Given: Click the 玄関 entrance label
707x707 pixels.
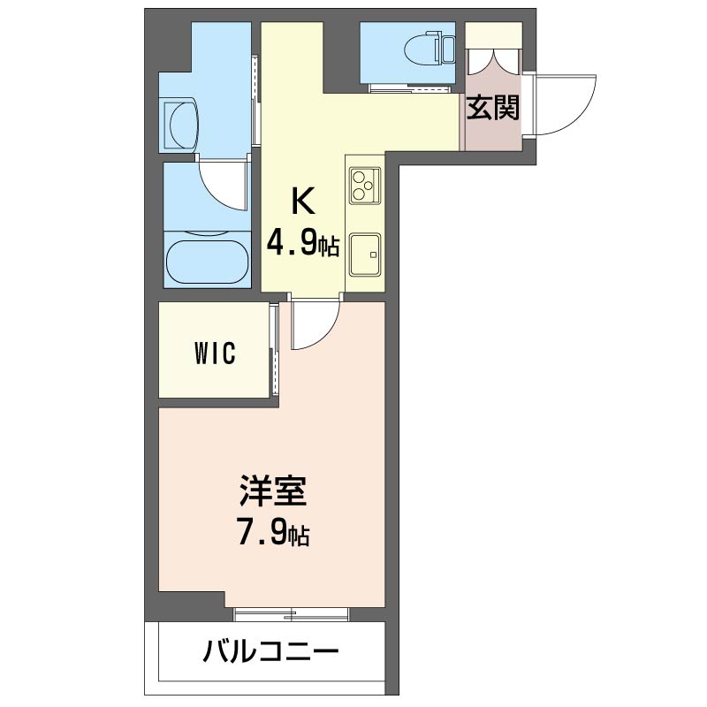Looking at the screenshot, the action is pyautogui.click(x=493, y=108).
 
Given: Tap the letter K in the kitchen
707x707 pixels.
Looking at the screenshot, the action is pyautogui.click(x=302, y=201).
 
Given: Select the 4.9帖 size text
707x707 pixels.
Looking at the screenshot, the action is pyautogui.click(x=302, y=244).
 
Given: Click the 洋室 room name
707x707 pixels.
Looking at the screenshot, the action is pyautogui.click(x=273, y=490).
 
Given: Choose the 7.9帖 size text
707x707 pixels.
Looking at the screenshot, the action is pyautogui.click(x=273, y=534).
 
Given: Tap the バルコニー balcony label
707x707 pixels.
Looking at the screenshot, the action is pyautogui.click(x=270, y=650).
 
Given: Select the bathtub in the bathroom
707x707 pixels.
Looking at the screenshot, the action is pyautogui.click(x=208, y=262).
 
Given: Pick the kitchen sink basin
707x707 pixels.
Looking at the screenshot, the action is pyautogui.click(x=365, y=255).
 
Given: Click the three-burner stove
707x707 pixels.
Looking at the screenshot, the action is pyautogui.click(x=365, y=186).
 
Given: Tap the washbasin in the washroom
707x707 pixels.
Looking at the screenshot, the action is pyautogui.click(x=181, y=124).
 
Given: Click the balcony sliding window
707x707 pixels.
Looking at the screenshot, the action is pyautogui.click(x=292, y=614).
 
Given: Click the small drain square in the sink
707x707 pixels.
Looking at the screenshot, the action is pyautogui.click(x=373, y=255).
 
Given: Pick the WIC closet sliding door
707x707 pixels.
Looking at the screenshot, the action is pyautogui.click(x=273, y=350).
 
